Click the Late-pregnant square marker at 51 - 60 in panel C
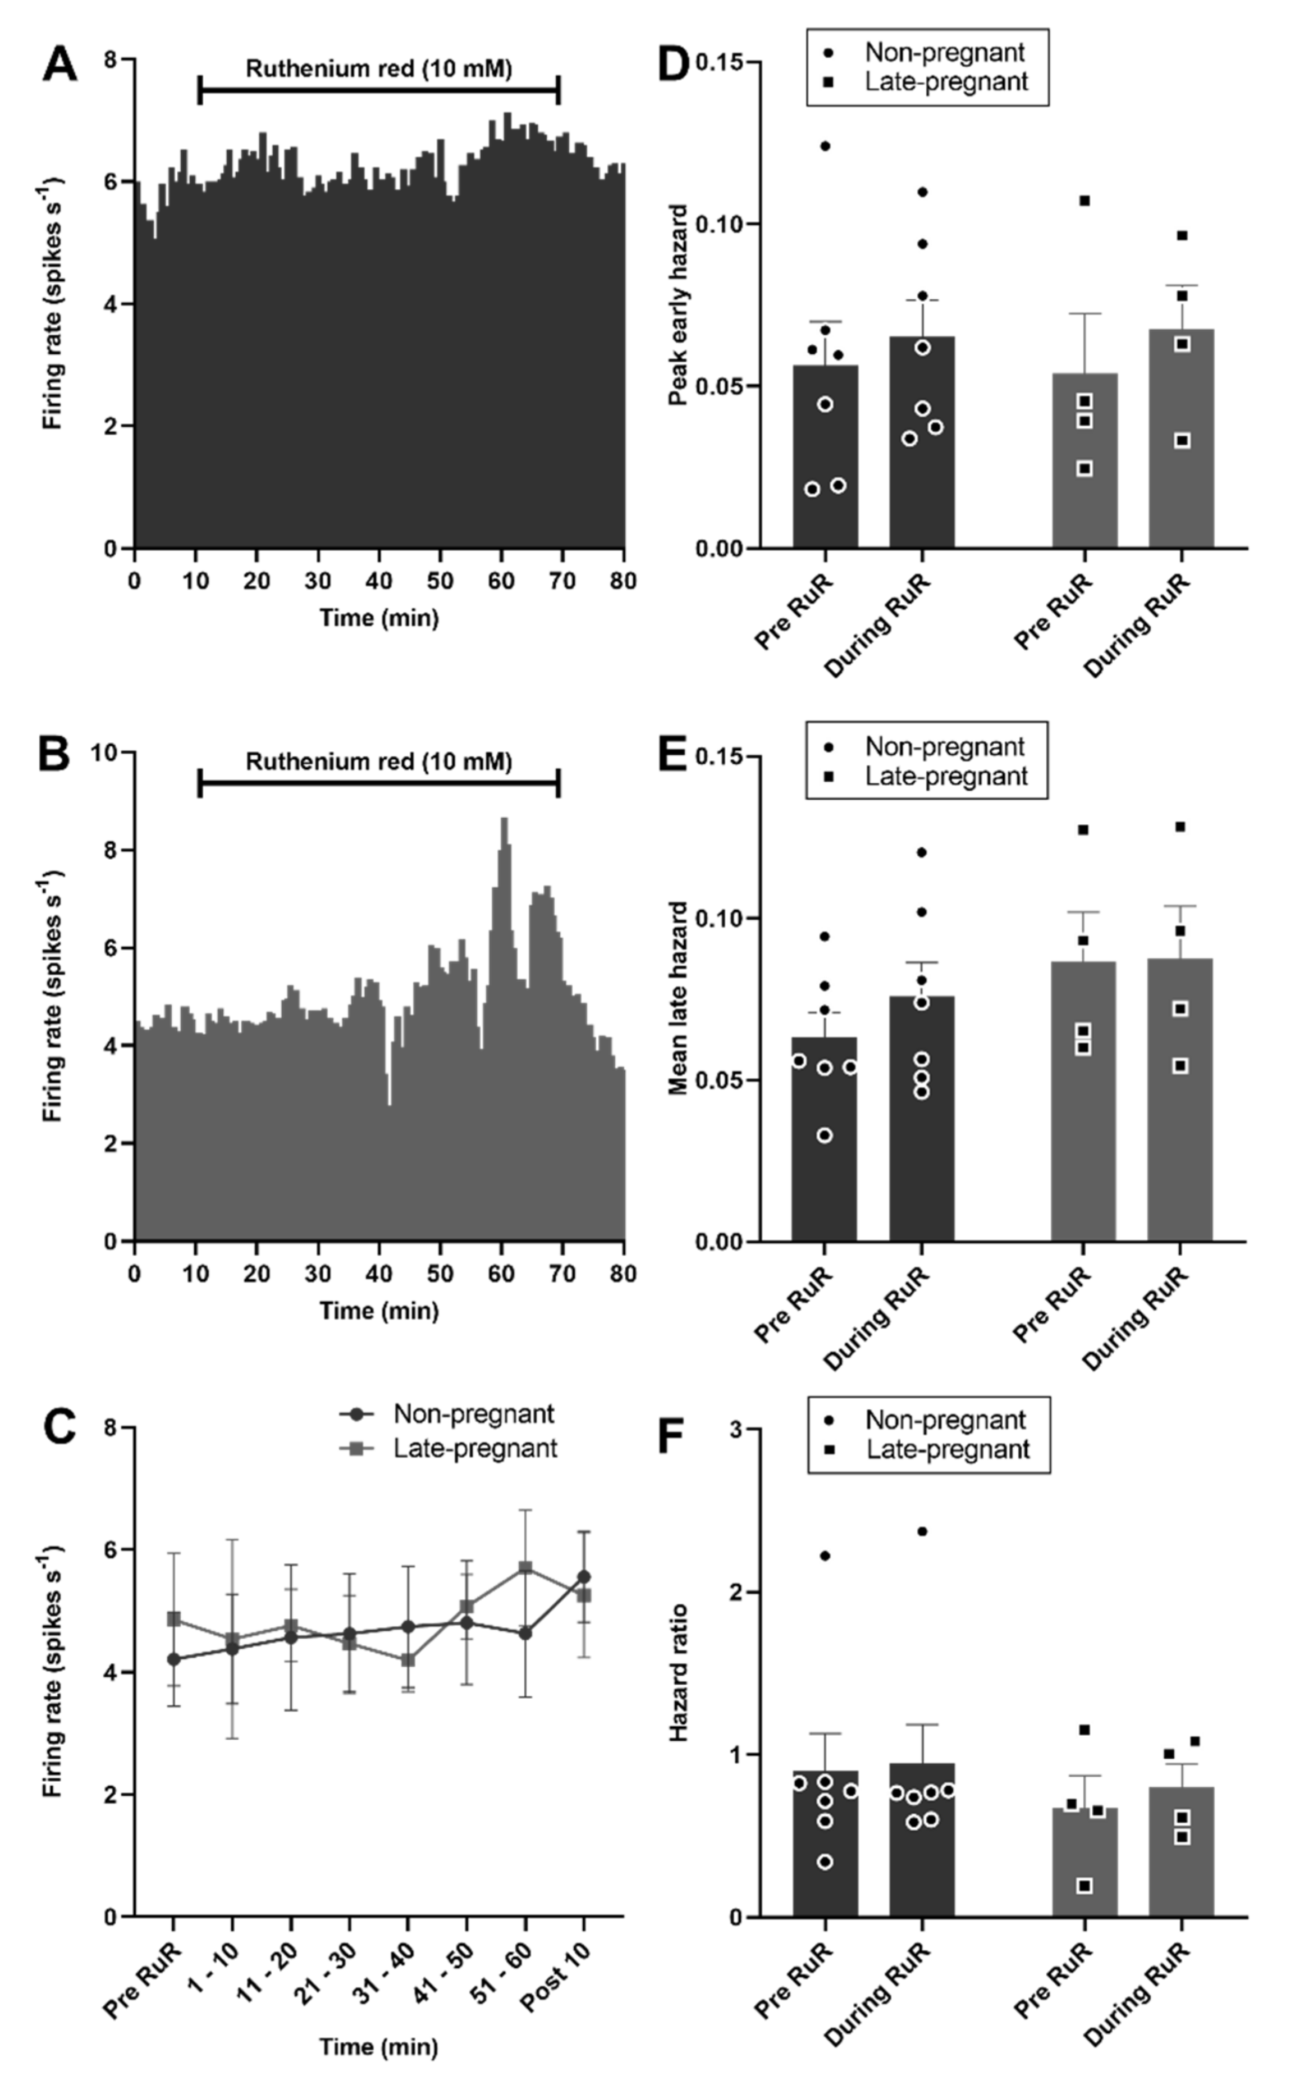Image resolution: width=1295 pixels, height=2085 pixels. coord(526,1568)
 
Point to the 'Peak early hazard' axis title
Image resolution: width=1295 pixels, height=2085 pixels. coord(678,305)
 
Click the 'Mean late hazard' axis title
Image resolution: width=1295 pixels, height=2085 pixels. coord(678,998)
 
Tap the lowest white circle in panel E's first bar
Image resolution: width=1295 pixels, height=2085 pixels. coord(825,1136)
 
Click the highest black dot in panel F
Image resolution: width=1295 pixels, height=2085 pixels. coord(922,1531)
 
